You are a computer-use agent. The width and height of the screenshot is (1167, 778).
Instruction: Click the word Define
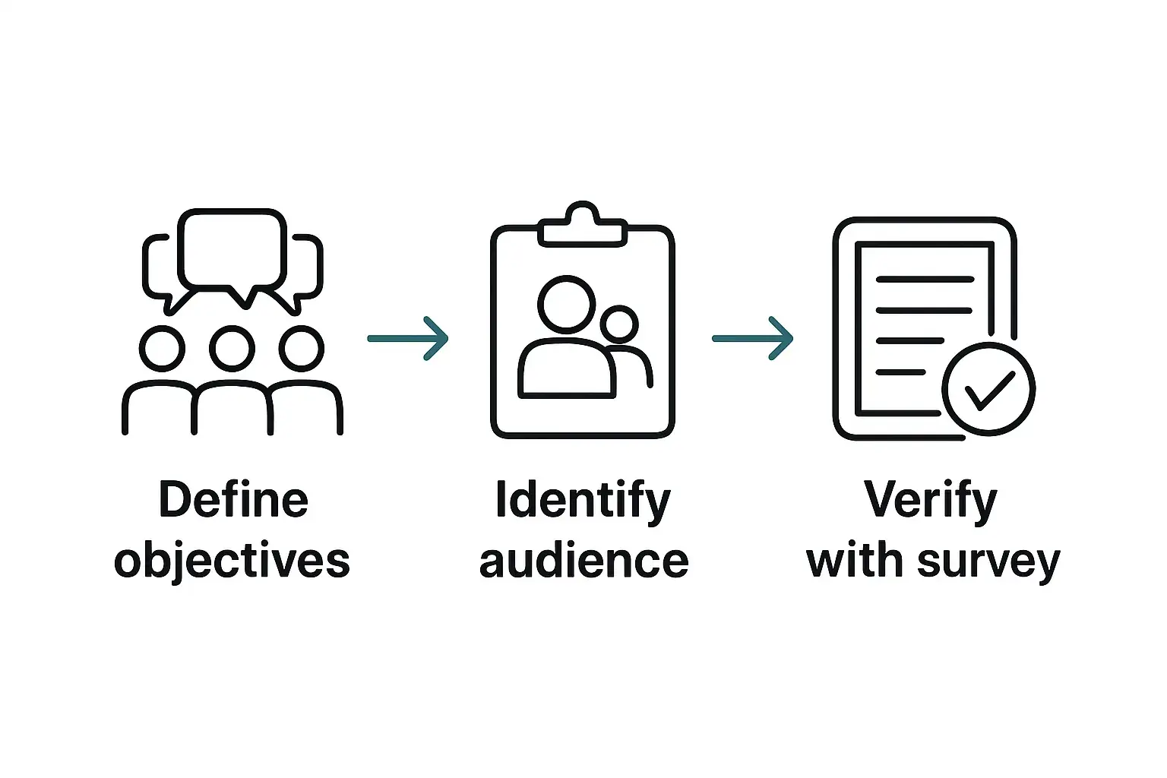pyautogui.click(x=233, y=500)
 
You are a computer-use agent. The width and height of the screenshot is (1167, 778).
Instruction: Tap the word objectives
pyautogui.click(x=232, y=561)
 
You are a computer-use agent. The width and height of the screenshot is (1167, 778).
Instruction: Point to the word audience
pyautogui.click(x=583, y=561)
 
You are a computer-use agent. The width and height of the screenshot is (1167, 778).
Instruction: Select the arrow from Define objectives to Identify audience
pyautogui.click(x=408, y=338)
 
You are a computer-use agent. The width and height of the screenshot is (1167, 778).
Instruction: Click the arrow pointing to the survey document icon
pyautogui.click(x=752, y=338)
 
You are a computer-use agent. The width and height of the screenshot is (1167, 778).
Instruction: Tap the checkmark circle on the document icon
pyautogui.click(x=988, y=389)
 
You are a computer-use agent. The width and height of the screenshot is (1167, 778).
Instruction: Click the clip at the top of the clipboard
pyautogui.click(x=582, y=226)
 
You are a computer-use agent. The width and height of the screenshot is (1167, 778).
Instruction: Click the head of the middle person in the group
pyautogui.click(x=232, y=349)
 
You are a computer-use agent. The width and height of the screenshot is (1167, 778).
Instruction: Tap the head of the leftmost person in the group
pyautogui.click(x=162, y=349)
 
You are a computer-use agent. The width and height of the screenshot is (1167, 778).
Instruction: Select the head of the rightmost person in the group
pyautogui.click(x=302, y=349)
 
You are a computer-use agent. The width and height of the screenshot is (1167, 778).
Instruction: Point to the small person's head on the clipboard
pyautogui.click(x=619, y=324)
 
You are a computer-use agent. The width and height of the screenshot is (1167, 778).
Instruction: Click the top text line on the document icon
pyautogui.click(x=925, y=279)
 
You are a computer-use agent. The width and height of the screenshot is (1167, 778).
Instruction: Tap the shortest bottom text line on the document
pyautogui.click(x=901, y=372)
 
